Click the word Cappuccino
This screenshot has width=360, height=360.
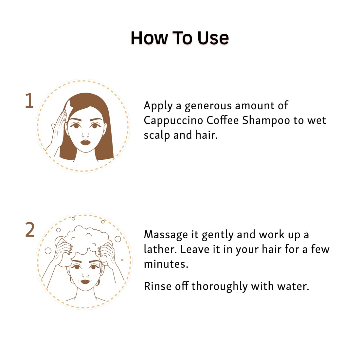pos(173,121)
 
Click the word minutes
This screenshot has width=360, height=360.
pos(166,264)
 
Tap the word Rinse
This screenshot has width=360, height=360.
pos(157,286)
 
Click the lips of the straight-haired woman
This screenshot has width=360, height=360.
pos(85,142)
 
